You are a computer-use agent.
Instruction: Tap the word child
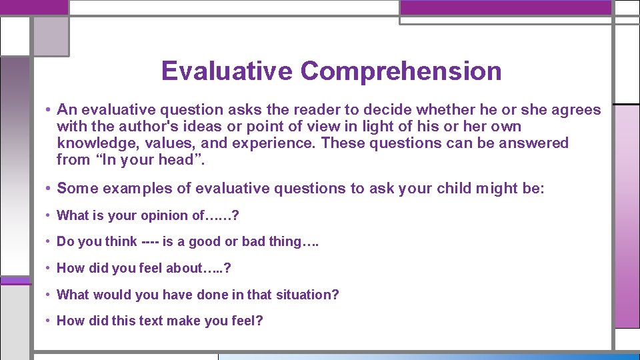point(450,189)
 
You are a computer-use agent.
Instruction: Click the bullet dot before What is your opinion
point(49,215)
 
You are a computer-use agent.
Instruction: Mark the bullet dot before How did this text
point(49,321)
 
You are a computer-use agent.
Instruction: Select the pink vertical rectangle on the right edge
point(627,217)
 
